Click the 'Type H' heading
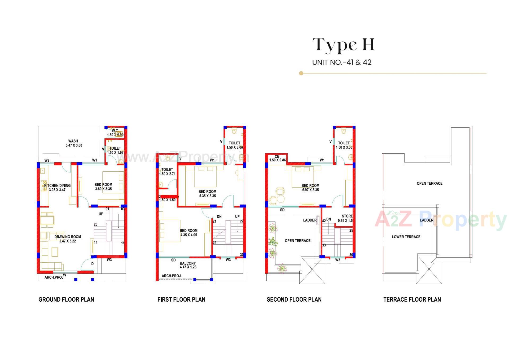tap(343, 45)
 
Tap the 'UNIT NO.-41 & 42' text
tap(342, 62)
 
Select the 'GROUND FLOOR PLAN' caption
tap(66, 300)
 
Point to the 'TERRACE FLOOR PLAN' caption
tap(412, 300)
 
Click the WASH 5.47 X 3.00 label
tap(74, 143)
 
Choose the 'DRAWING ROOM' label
tap(68, 237)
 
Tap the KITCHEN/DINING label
tap(58, 185)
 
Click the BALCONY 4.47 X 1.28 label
tap(188, 265)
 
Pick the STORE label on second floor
tap(347, 216)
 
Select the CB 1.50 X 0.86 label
tap(277, 158)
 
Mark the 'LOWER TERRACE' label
tap(406, 237)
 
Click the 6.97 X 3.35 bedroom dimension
tap(310, 190)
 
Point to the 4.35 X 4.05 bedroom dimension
tap(188, 235)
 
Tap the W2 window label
tap(47, 161)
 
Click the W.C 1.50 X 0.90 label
tap(115, 133)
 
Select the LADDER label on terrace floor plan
tap(426, 220)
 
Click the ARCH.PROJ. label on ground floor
tap(54, 277)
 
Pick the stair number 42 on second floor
tap(324, 221)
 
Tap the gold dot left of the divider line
tap(301, 73)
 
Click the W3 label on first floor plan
tap(228, 260)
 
